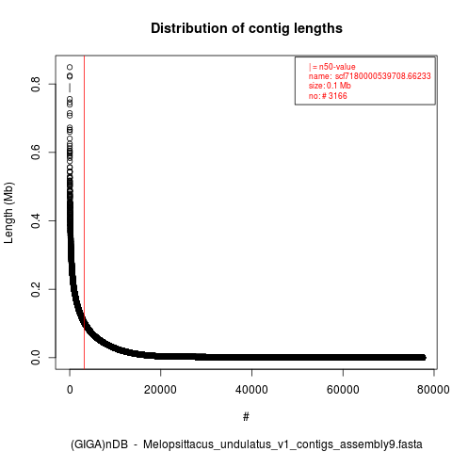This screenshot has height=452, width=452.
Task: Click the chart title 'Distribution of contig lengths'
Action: pos(247,28)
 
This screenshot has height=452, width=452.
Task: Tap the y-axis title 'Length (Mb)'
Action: pos(9,213)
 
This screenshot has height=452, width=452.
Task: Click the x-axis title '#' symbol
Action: pos(246,417)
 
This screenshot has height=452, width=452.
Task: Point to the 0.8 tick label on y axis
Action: pos(36,84)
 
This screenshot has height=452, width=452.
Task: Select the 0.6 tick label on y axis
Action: pos(36,153)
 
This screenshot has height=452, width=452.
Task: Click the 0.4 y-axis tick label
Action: pos(36,220)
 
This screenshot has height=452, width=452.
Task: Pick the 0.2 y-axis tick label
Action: pos(36,289)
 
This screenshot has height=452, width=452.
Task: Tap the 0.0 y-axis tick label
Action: pos(36,358)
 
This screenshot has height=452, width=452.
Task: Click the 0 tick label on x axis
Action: pos(70,390)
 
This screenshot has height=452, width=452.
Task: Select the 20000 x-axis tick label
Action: pos(160,390)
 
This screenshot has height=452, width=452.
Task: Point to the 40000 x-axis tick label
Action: pos(251,390)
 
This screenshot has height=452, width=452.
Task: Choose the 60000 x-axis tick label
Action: pos(343,390)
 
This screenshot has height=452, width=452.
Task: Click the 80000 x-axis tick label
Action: pos(433,390)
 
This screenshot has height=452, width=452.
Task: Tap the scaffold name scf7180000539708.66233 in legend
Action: pos(382,76)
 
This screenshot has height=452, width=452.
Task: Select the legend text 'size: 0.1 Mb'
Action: pos(330,86)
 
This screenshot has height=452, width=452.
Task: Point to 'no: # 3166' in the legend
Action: pos(328,95)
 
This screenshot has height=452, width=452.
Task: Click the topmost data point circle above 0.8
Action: pos(70,67)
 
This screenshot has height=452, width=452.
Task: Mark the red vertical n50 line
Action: pos(84,212)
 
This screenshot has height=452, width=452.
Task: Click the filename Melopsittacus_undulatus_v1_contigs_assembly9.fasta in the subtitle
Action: pos(282,444)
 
